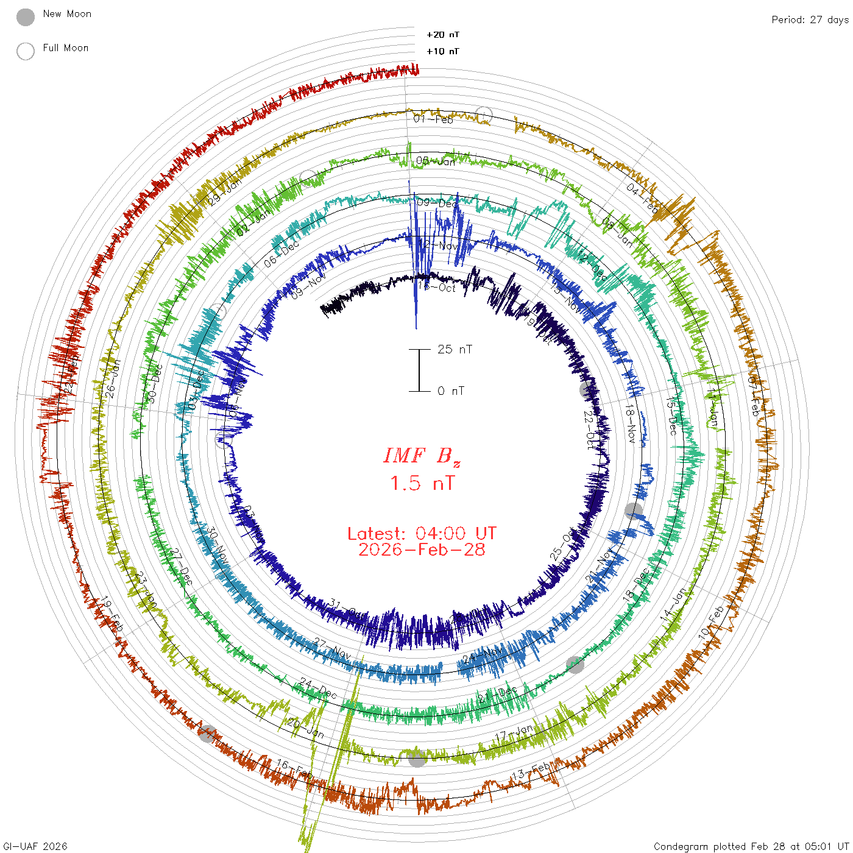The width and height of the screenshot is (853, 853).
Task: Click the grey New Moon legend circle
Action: pos(26,17)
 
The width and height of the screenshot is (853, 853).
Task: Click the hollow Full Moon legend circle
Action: pos(26,51)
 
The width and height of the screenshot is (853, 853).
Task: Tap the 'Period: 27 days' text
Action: pos(810,19)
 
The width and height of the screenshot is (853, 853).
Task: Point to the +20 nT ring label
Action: pos(443,35)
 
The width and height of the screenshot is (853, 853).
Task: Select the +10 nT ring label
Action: pos(443,51)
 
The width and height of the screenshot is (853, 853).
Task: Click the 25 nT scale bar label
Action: pos(455,349)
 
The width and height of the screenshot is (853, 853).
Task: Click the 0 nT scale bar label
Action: pos(451,391)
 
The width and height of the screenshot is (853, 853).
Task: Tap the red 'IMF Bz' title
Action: pos(422,456)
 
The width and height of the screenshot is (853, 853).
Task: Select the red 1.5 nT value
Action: pos(422,484)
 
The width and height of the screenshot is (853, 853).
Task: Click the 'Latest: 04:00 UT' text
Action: pos(422,534)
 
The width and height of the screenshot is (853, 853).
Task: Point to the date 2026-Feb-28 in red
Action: pos(422,550)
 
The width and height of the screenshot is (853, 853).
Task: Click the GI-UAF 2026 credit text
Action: pos(35,846)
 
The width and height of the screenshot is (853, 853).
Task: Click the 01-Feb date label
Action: pos(433,119)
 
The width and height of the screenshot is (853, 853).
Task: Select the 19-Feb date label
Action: pos(112,614)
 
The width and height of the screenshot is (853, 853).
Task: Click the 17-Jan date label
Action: pos(514,733)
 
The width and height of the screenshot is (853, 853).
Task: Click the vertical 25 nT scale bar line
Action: pos(419,370)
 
